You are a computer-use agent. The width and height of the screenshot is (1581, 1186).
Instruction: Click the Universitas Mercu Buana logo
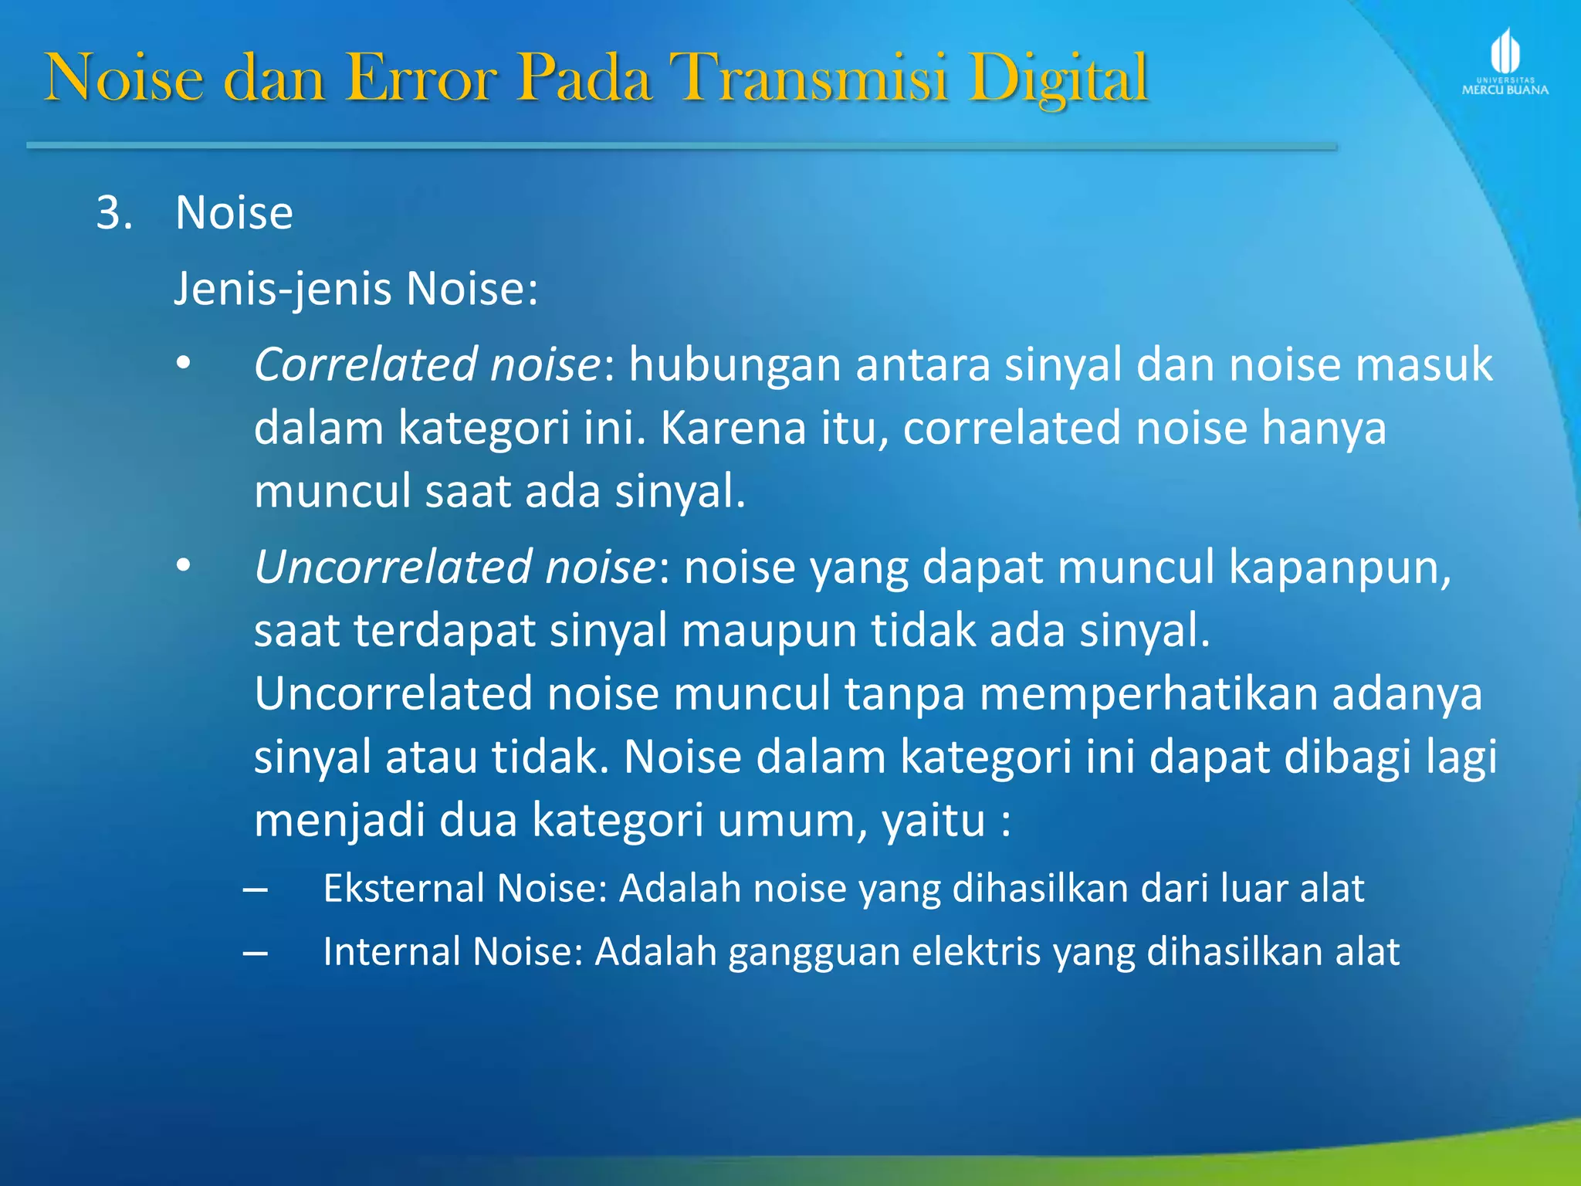tap(1505, 62)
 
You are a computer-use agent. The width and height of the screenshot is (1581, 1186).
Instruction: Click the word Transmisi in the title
tap(808, 77)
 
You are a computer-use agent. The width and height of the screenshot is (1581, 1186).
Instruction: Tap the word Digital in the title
tap(1059, 79)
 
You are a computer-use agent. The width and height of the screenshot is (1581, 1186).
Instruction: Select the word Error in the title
tap(421, 77)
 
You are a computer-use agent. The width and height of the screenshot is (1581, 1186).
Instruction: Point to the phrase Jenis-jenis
tap(283, 290)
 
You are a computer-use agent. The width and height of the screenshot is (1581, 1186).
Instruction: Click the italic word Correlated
tap(365, 364)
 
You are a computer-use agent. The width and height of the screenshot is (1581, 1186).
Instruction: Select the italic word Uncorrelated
tap(392, 567)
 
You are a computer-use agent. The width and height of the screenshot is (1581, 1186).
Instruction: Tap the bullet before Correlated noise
tap(183, 364)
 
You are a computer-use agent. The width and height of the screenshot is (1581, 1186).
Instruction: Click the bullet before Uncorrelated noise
tap(183, 567)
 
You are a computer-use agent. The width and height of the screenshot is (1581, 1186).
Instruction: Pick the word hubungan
tap(733, 364)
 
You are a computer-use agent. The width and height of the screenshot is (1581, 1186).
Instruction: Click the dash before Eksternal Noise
tap(255, 890)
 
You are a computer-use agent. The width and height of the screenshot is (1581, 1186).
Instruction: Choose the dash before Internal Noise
tap(255, 954)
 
